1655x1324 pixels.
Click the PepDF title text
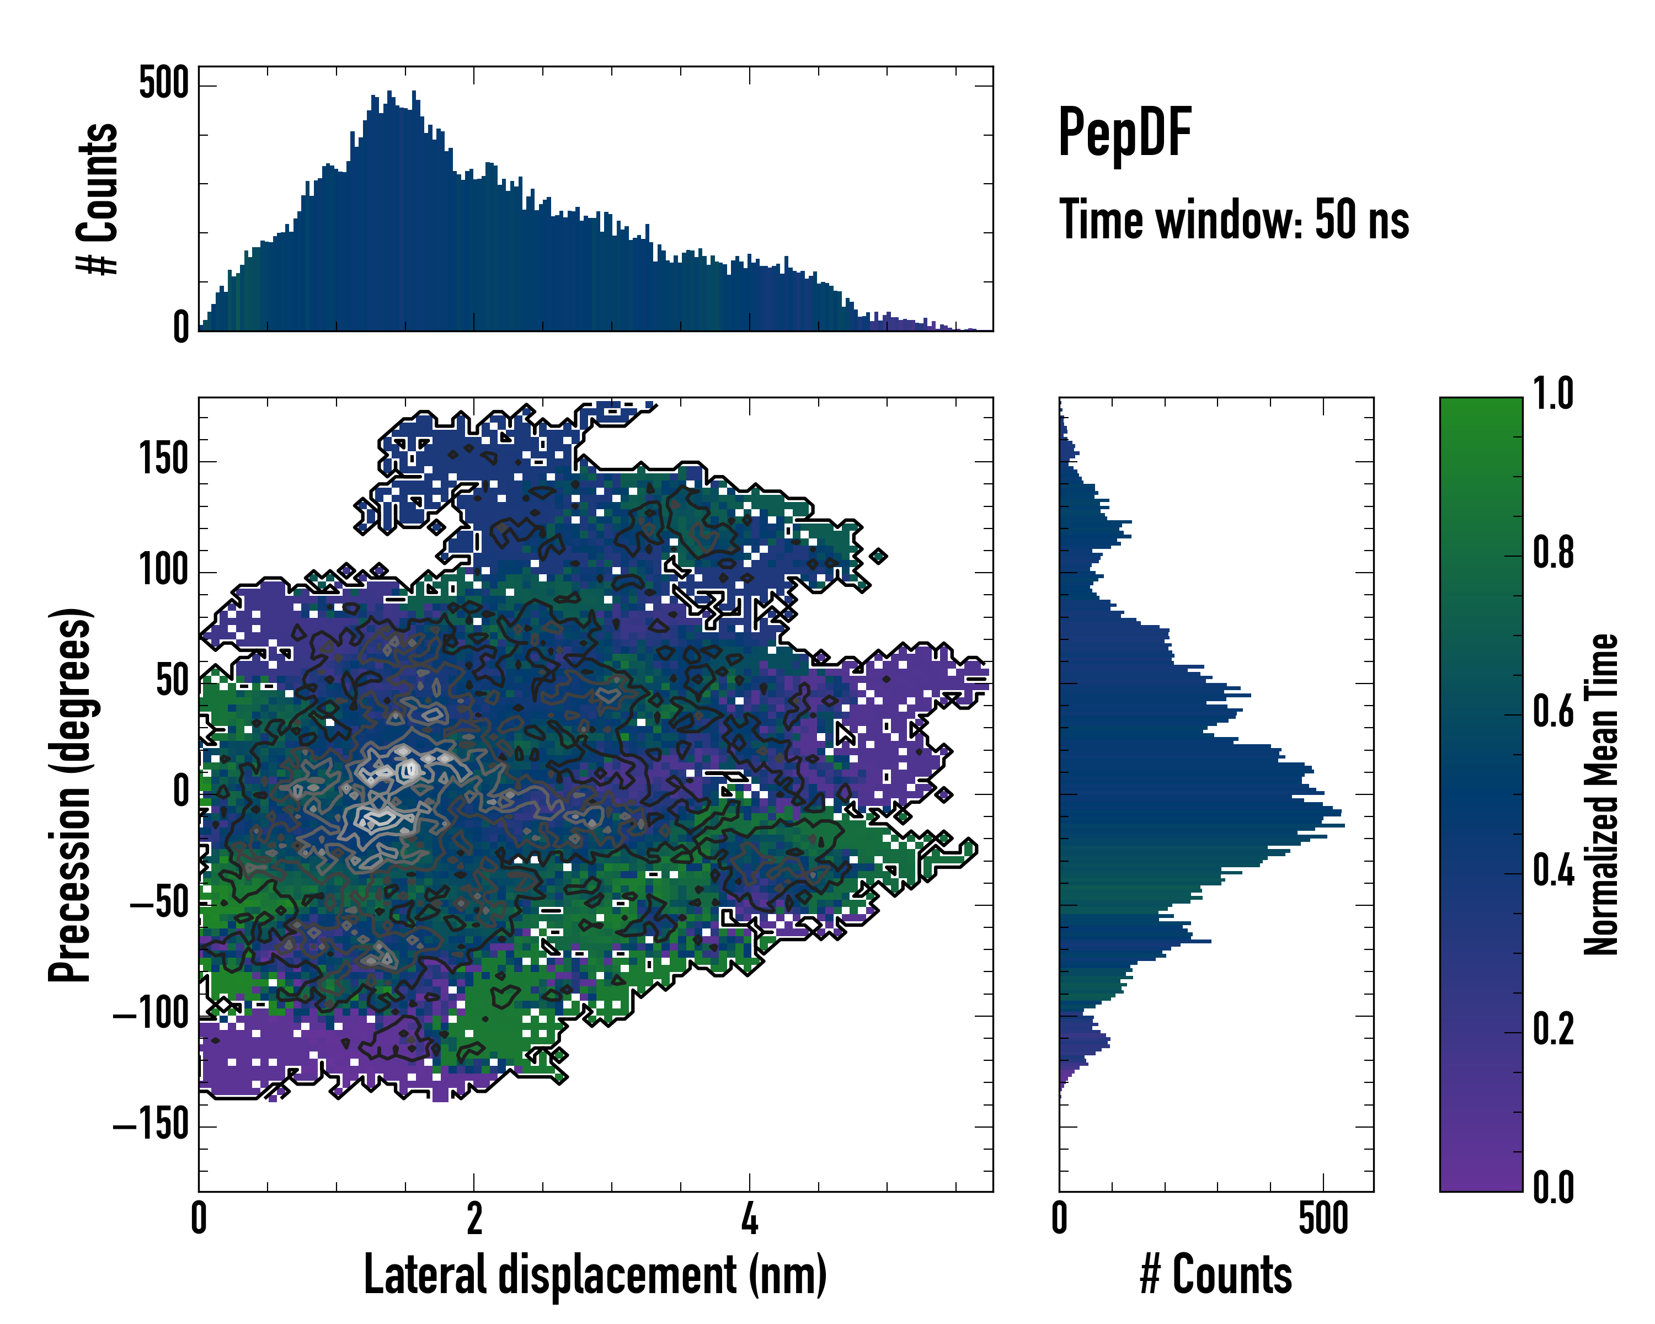[x=1124, y=133]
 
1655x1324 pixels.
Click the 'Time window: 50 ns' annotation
[x=1234, y=220]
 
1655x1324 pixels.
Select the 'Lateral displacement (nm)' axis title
[x=595, y=1275]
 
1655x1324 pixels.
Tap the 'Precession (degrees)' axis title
[x=71, y=794]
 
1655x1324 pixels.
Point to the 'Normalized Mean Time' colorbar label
[x=1601, y=794]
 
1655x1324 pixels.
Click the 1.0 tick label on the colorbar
[x=1553, y=394]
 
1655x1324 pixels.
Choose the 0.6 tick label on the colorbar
[x=1553, y=712]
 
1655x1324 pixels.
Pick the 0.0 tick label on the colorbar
[x=1553, y=1187]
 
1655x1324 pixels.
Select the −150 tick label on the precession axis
[x=151, y=1125]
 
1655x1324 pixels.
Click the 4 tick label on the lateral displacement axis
[x=749, y=1219]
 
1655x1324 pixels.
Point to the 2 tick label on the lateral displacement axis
[x=474, y=1219]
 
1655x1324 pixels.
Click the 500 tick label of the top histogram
[x=163, y=83]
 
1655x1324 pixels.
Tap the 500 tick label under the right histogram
[x=1322, y=1219]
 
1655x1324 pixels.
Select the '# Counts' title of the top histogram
[x=98, y=199]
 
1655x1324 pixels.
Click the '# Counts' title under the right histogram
[x=1216, y=1275]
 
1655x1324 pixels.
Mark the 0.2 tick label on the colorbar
[x=1553, y=1028]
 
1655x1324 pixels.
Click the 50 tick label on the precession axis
[x=173, y=681]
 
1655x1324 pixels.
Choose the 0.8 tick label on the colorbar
[x=1553, y=553]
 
